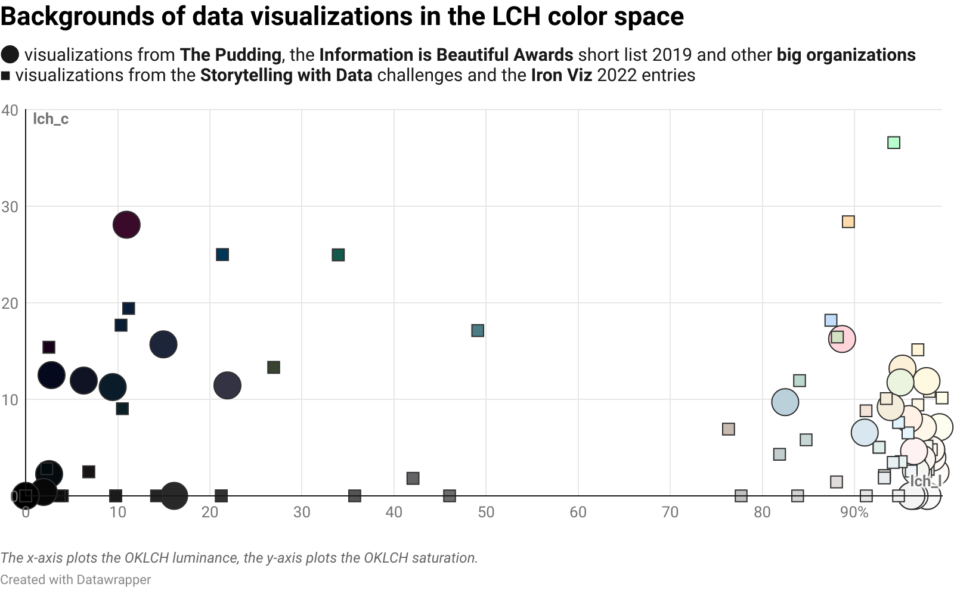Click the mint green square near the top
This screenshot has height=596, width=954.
(x=893, y=142)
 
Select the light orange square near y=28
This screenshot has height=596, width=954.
(x=848, y=222)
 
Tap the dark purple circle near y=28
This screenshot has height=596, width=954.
(x=126, y=225)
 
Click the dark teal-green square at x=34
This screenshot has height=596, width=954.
(x=338, y=255)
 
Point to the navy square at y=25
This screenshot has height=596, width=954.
(x=222, y=254)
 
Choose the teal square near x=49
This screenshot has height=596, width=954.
(x=478, y=330)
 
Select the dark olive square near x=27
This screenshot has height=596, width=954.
(x=274, y=367)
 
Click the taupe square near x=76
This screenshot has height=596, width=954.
(x=728, y=429)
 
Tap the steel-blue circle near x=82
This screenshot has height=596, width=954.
(x=785, y=402)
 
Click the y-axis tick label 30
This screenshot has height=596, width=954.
(x=10, y=207)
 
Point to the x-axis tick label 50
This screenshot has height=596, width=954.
(x=486, y=512)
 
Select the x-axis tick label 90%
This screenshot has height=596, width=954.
(x=854, y=512)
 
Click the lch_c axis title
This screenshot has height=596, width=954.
(x=51, y=119)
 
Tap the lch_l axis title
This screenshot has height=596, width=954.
(x=925, y=482)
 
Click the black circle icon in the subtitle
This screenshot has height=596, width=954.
(x=10, y=55)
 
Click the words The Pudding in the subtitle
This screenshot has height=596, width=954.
(x=230, y=55)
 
